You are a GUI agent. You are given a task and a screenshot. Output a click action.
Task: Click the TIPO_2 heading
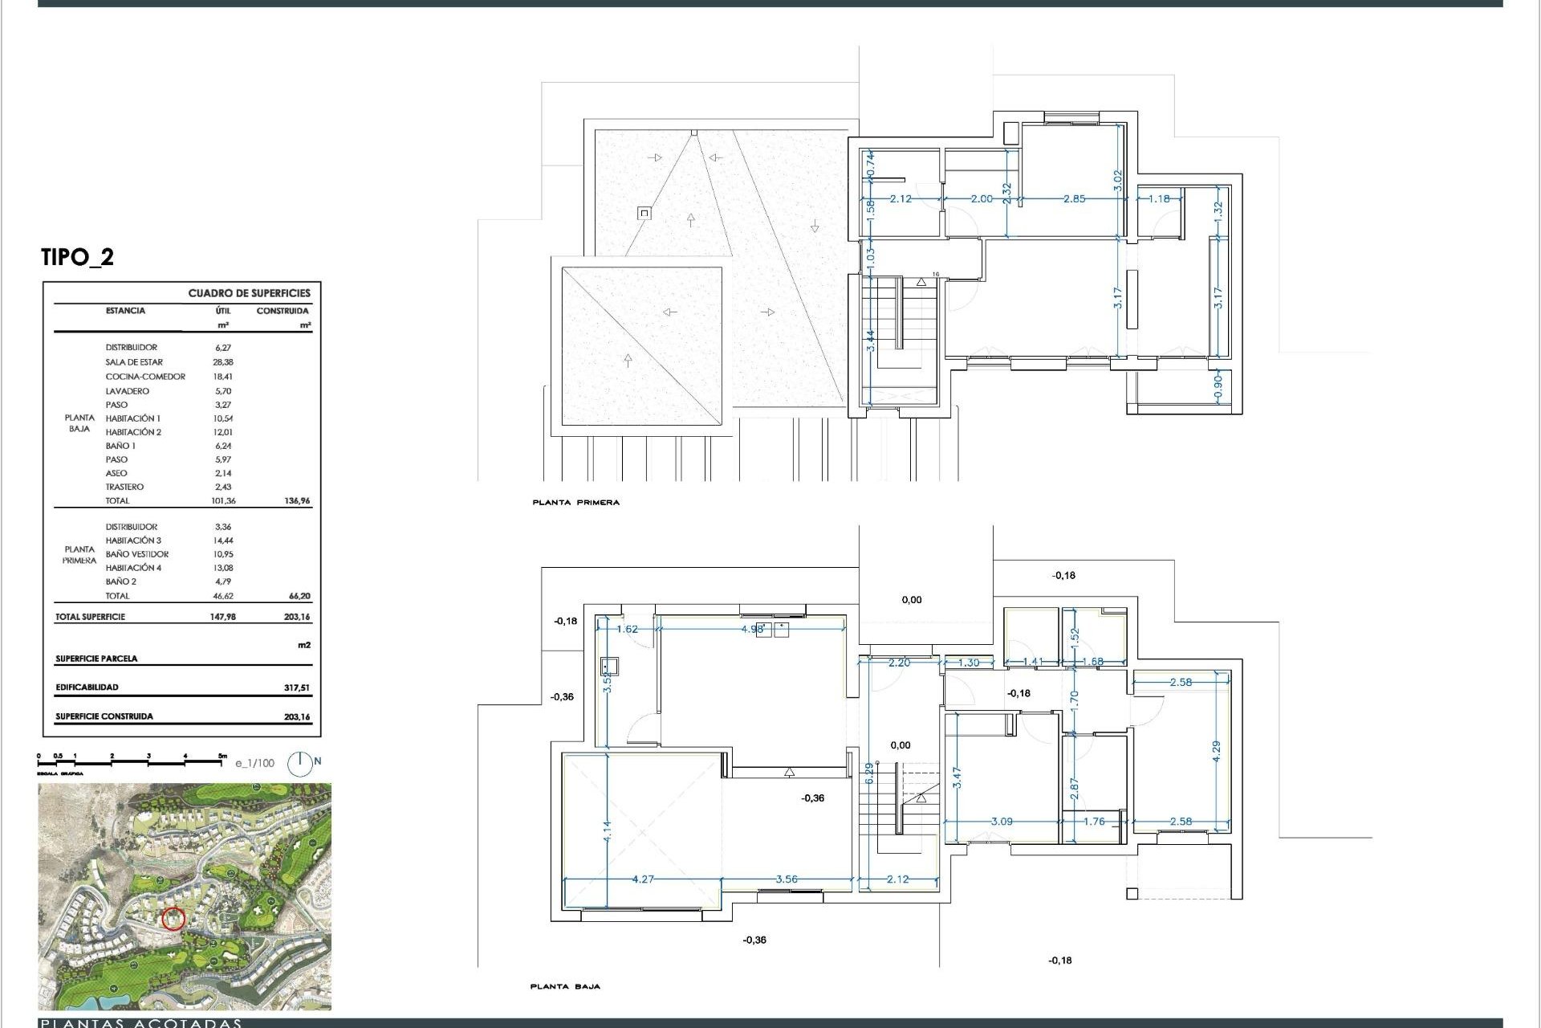pyautogui.click(x=77, y=257)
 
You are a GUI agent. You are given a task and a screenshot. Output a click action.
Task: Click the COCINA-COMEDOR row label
pyautogui.click(x=145, y=377)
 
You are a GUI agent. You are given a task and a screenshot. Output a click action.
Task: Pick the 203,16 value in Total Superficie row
pyautogui.click(x=297, y=617)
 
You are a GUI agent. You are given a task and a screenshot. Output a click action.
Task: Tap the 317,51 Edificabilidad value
pyautogui.click(x=297, y=687)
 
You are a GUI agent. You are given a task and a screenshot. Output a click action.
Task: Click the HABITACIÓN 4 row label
pyautogui.click(x=133, y=568)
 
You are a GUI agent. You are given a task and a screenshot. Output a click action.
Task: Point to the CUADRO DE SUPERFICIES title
pyautogui.click(x=249, y=293)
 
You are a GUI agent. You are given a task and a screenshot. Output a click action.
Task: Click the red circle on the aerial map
pyautogui.click(x=173, y=919)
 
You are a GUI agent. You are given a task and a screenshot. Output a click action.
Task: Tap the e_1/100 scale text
pyautogui.click(x=254, y=763)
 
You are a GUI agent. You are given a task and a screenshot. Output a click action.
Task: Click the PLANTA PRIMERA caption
pyautogui.click(x=575, y=503)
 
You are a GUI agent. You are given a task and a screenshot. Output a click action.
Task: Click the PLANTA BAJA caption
pyautogui.click(x=565, y=986)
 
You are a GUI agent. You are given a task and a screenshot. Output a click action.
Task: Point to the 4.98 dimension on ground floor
pyautogui.click(x=752, y=629)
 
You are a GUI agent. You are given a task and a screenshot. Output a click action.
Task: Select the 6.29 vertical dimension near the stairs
pyautogui.click(x=868, y=773)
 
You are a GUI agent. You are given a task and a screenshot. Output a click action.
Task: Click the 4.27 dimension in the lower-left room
pyautogui.click(x=643, y=879)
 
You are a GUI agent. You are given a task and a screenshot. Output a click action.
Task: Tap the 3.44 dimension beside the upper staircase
pyautogui.click(x=871, y=341)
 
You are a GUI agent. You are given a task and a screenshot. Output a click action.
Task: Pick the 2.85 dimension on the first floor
pyautogui.click(x=1074, y=198)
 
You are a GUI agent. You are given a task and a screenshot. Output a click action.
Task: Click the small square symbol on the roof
pyautogui.click(x=644, y=213)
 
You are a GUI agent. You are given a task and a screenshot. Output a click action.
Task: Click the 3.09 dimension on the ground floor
pyautogui.click(x=1002, y=822)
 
